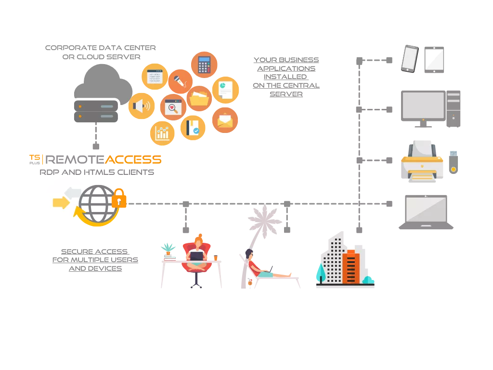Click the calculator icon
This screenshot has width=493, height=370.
(204, 65)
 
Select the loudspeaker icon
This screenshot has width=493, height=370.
(141, 106)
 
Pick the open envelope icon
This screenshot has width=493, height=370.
(225, 120)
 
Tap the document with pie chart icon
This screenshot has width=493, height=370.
(225, 90)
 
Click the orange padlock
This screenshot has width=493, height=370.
(119, 198)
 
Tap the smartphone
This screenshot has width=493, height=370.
(409, 59)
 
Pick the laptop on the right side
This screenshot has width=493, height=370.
(425, 211)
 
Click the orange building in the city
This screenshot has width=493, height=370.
(351, 267)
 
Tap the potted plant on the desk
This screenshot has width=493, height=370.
(168, 249)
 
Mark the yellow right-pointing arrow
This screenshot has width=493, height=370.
(61, 202)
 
